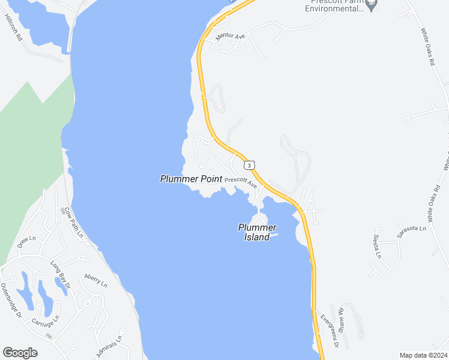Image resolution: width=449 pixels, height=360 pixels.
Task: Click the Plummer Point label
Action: [x=191, y=179]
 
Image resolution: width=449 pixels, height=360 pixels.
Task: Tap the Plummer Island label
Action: [x=257, y=232]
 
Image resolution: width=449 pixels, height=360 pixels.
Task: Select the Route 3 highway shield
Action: [x=249, y=164]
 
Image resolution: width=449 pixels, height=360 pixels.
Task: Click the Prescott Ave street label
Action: [x=241, y=181]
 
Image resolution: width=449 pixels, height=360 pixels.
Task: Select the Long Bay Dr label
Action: [x=61, y=273]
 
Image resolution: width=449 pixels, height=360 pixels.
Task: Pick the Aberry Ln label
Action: [x=95, y=280]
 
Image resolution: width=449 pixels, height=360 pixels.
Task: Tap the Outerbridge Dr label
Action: [x=10, y=300]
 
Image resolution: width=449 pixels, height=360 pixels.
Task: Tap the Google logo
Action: [x=20, y=353]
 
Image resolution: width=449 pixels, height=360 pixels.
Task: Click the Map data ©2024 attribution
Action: [x=423, y=355]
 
